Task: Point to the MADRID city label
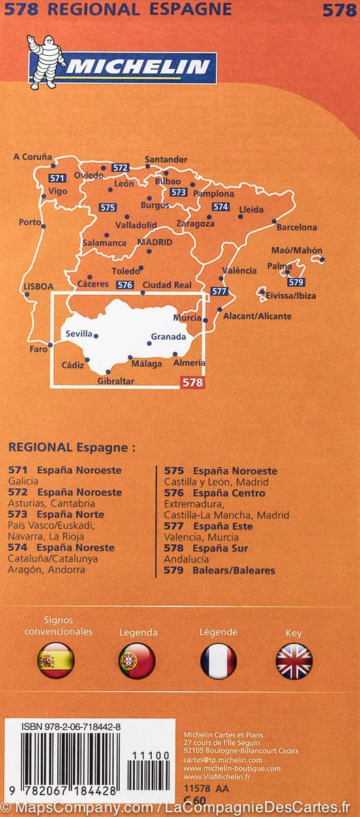(154, 242)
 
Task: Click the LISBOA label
(37, 287)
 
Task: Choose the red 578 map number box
(191, 383)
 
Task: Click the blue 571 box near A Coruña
(57, 178)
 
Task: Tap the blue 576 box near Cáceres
(124, 285)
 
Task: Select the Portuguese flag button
(137, 660)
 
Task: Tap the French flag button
(218, 660)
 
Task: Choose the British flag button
(293, 660)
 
